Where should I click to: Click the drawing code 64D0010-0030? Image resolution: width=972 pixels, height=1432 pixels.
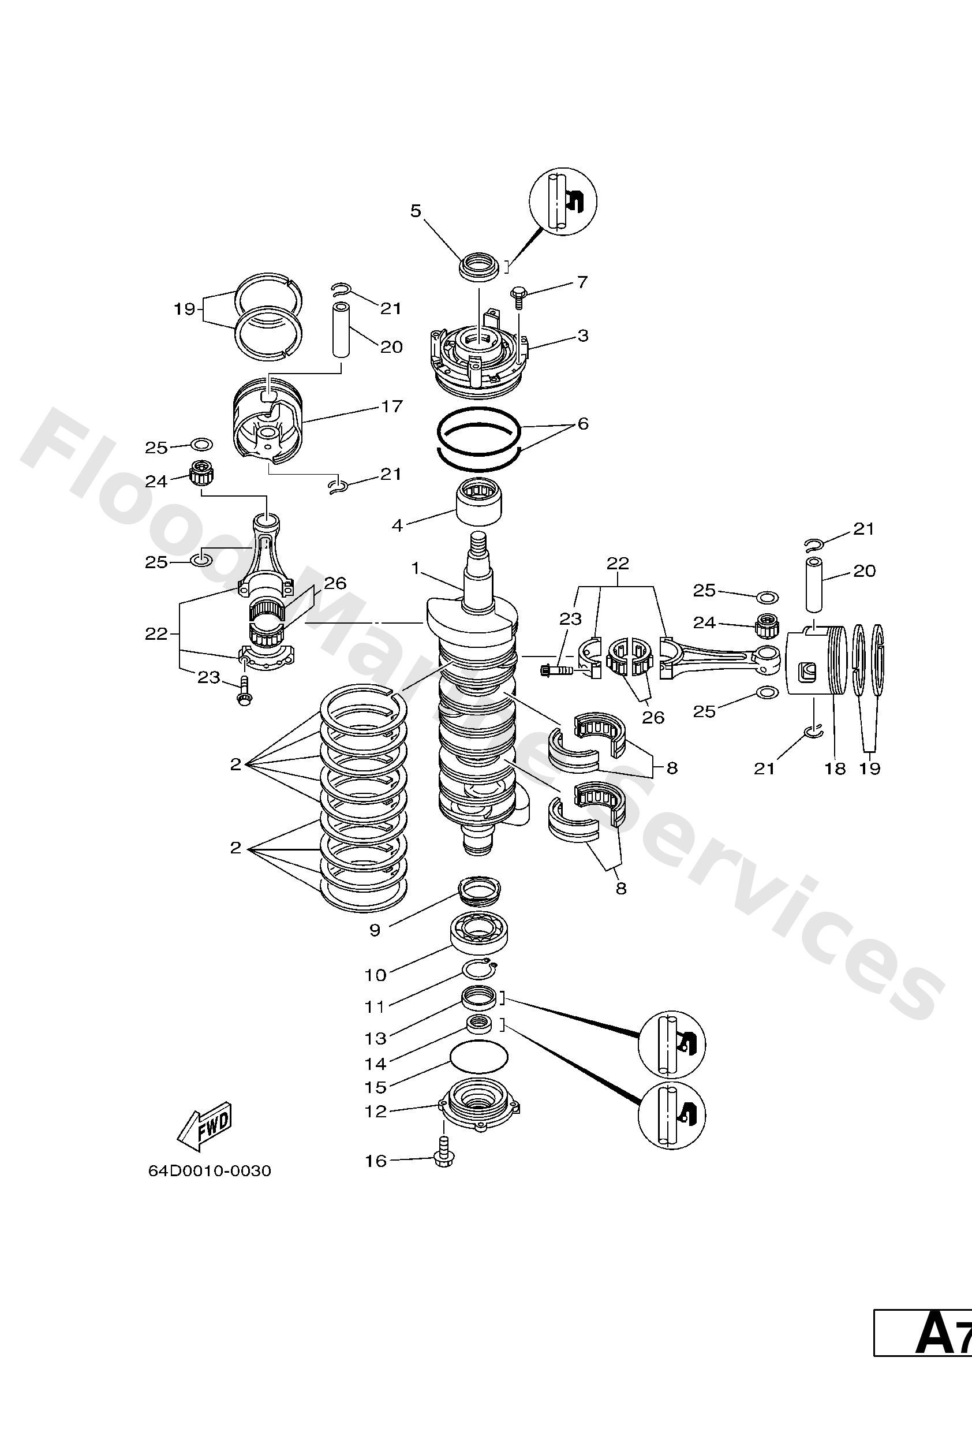[210, 1171]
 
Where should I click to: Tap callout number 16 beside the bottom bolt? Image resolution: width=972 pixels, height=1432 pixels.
[375, 1161]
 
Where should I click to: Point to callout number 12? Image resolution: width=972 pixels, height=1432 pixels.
[375, 1112]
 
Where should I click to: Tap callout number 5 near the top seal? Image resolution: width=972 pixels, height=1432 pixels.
[416, 211]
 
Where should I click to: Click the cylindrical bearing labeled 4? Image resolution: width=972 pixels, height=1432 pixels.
[479, 503]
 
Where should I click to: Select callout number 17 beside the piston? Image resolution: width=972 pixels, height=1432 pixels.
[392, 407]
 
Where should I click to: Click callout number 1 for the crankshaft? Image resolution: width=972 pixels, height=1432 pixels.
[416, 568]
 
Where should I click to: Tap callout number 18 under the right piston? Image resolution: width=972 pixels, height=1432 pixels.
[835, 769]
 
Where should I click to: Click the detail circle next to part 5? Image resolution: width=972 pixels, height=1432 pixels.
[563, 202]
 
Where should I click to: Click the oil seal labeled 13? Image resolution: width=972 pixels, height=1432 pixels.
[479, 997]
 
